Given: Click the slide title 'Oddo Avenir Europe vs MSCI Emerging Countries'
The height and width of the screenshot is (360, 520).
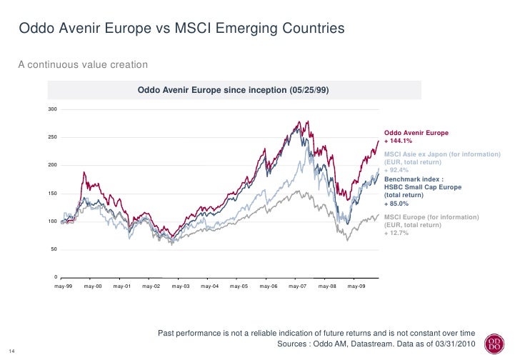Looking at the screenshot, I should point(181,29).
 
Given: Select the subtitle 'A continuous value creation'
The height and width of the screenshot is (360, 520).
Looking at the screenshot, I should point(83,65).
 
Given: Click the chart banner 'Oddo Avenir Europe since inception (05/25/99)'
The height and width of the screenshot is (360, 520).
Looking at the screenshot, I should point(234,91).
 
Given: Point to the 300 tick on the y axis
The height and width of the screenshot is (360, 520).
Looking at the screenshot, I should point(53,109).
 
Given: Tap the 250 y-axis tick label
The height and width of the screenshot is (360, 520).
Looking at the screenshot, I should point(53,137).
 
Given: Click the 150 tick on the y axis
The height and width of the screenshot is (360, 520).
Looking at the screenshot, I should point(53,194).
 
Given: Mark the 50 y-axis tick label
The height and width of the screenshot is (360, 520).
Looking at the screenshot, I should point(54,249).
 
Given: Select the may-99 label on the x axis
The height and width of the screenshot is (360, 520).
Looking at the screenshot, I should point(64,286).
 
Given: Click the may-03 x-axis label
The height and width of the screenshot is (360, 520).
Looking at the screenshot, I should point(181,286).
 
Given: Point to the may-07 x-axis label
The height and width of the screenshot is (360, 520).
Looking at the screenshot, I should point(298,286).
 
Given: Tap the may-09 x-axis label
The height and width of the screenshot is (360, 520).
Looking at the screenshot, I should point(356,286).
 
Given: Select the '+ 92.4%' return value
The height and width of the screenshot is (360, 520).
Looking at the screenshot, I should point(397,171).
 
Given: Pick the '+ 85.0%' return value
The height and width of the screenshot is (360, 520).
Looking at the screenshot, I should point(397,204).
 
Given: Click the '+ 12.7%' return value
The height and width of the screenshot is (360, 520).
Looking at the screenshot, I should point(396,234).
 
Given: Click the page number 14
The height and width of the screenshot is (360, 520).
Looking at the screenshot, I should point(11,350).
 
